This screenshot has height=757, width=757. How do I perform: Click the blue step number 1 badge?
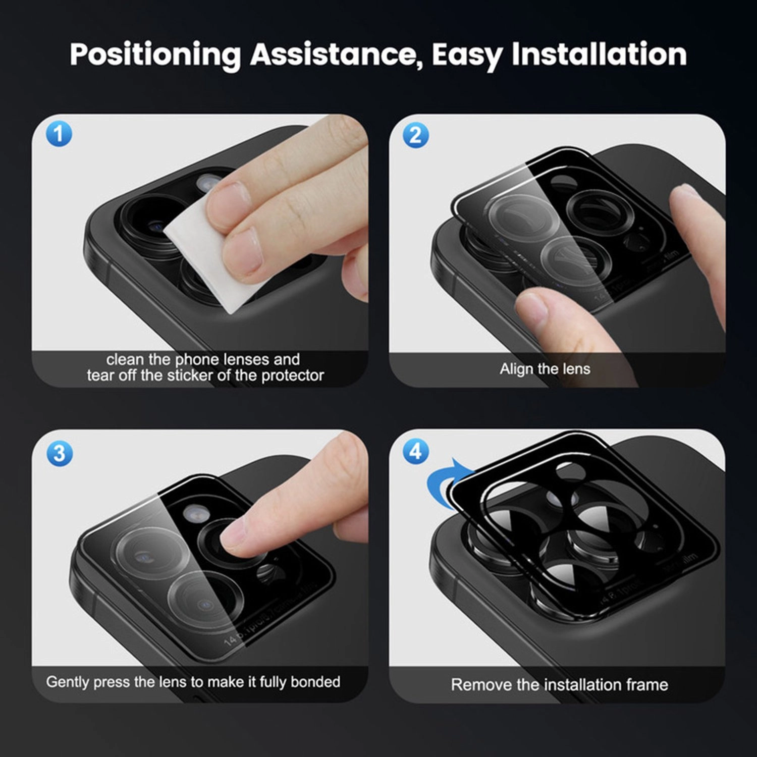59,134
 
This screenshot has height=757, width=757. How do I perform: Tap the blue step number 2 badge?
416,135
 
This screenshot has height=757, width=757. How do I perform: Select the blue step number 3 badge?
60,453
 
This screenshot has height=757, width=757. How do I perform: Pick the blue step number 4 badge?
416,451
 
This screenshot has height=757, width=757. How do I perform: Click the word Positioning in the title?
155,55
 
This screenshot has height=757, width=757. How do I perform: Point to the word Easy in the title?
467,55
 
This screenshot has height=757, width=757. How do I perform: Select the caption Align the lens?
545,369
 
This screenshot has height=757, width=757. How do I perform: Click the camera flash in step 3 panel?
193,513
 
